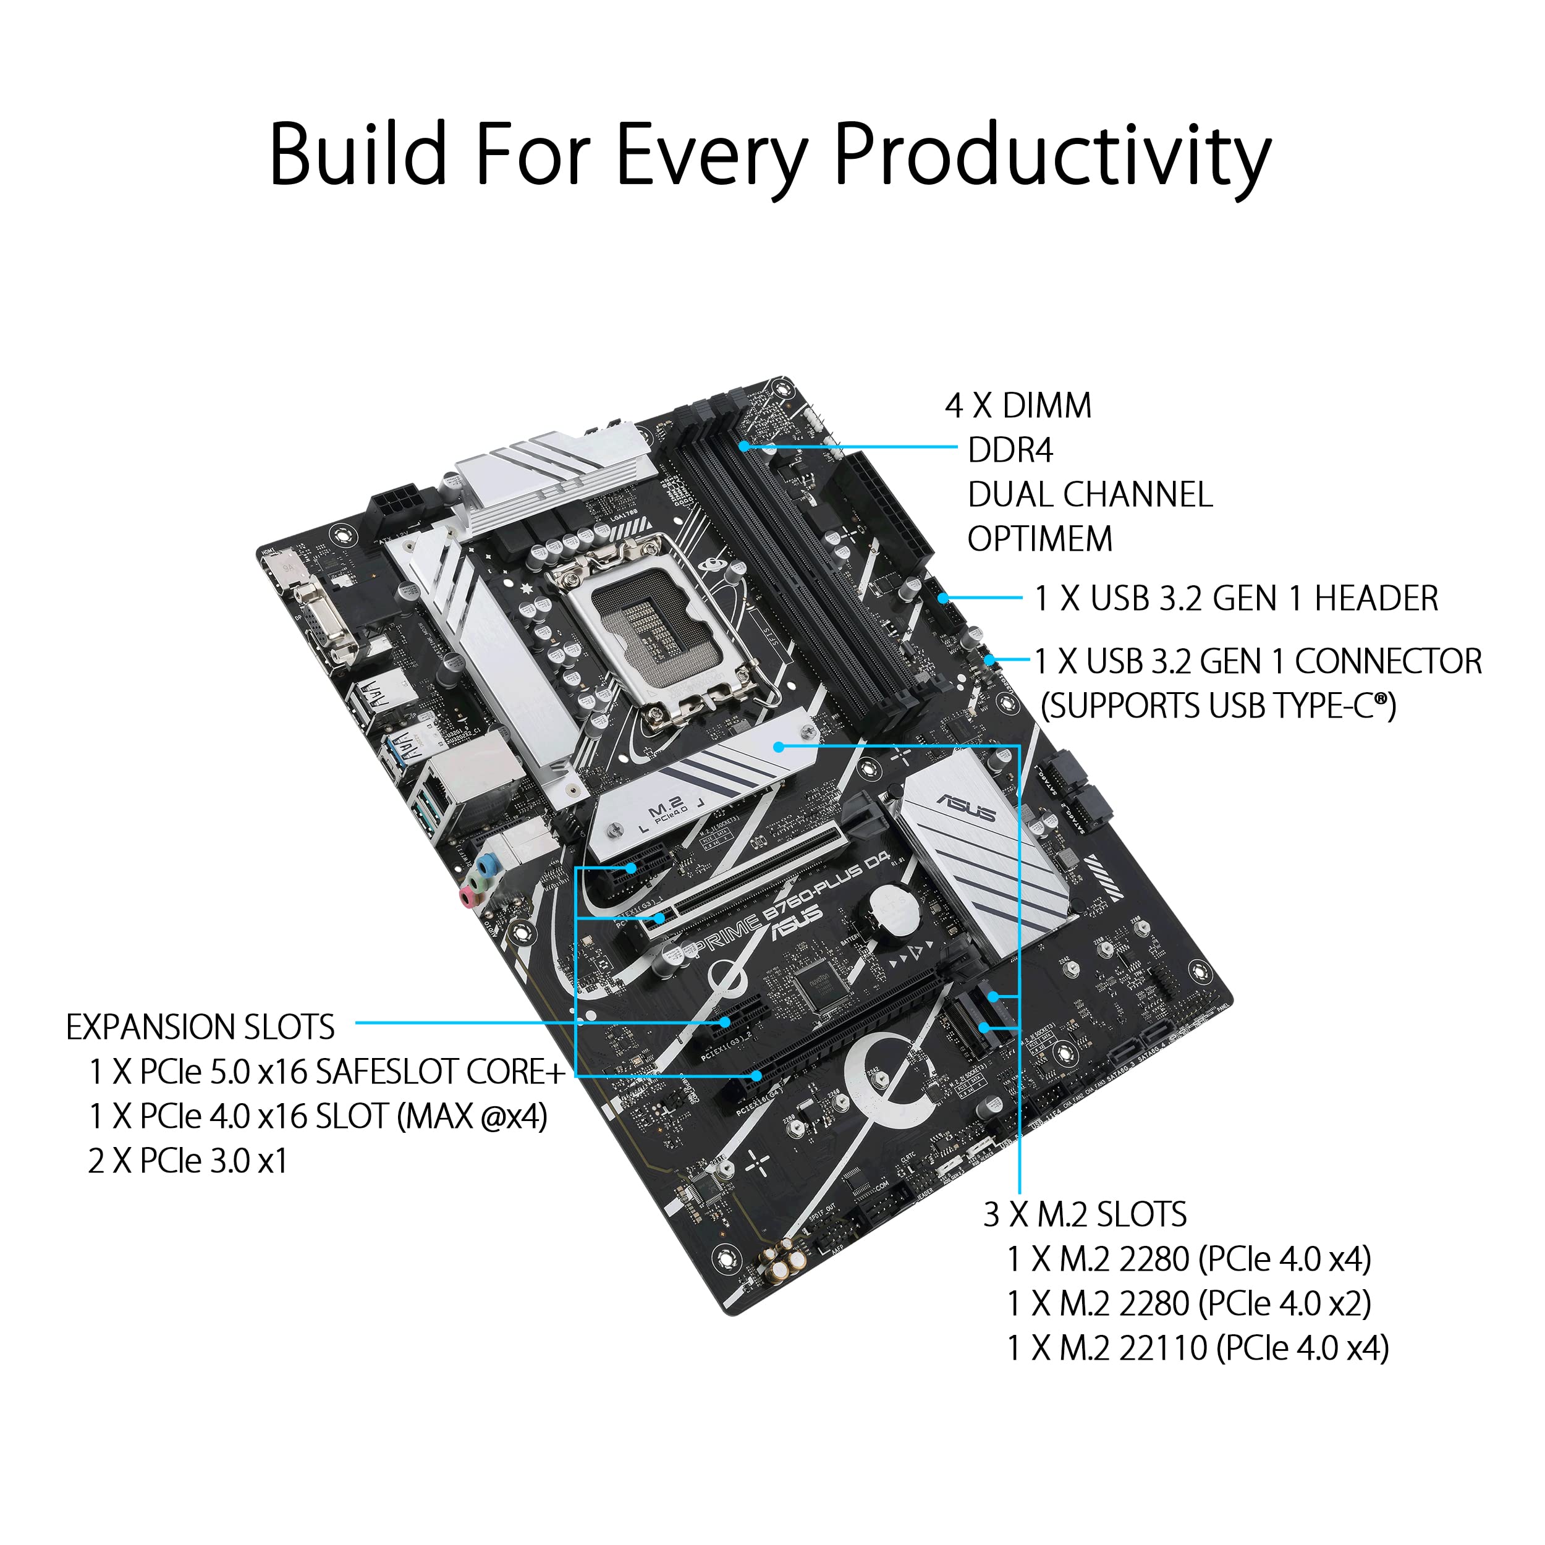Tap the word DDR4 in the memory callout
pos(1010,451)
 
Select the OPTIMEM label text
pos(1039,540)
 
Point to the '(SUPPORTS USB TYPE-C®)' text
pos(1218,707)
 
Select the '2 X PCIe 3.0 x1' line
pos(187,1161)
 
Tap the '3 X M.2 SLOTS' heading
pos(1085,1216)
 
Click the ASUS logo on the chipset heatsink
pos(966,808)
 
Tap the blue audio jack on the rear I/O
pos(485,865)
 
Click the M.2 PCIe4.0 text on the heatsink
pos(666,811)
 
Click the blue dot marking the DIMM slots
pos(743,446)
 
